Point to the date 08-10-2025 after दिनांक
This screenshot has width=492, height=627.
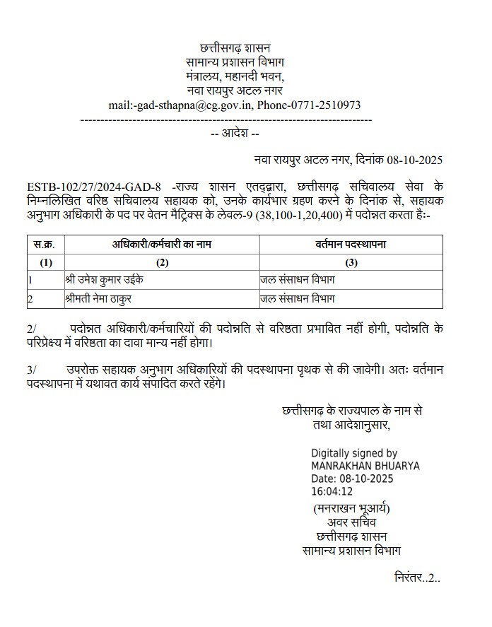[415, 160]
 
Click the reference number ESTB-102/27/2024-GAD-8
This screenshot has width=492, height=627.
[98, 187]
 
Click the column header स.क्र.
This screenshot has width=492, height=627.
[47, 245]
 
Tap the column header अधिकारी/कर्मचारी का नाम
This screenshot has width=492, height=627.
[162, 245]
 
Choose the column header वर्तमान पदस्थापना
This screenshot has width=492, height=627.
[351, 245]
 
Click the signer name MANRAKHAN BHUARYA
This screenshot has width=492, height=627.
[365, 466]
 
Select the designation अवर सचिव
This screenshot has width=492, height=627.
[351, 522]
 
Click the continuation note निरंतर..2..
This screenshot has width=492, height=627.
[417, 578]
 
